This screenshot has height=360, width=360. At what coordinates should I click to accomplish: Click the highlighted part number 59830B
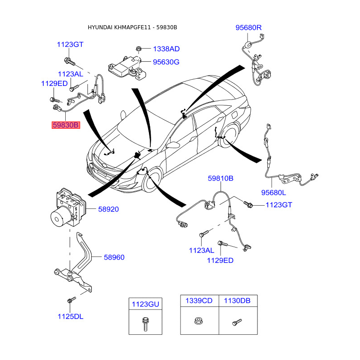(x=65, y=125)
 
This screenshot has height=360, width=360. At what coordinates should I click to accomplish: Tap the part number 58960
(x=114, y=257)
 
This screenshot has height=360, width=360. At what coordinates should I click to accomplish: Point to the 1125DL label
(x=70, y=316)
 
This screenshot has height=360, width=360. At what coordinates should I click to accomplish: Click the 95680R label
(x=248, y=28)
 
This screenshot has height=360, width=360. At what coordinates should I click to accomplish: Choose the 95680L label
(x=274, y=193)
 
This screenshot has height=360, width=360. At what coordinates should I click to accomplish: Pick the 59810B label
(x=220, y=179)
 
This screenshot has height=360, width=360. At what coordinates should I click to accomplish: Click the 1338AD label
(x=166, y=49)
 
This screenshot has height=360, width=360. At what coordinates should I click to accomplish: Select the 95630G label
(x=166, y=62)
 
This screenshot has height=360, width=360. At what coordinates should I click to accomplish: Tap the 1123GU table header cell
(x=145, y=304)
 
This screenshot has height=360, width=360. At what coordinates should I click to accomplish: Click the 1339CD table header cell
(x=199, y=301)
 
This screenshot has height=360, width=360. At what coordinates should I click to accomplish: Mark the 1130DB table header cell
(x=238, y=301)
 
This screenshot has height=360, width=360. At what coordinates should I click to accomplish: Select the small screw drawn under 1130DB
(x=237, y=322)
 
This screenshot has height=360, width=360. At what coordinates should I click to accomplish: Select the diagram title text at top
(x=132, y=27)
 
